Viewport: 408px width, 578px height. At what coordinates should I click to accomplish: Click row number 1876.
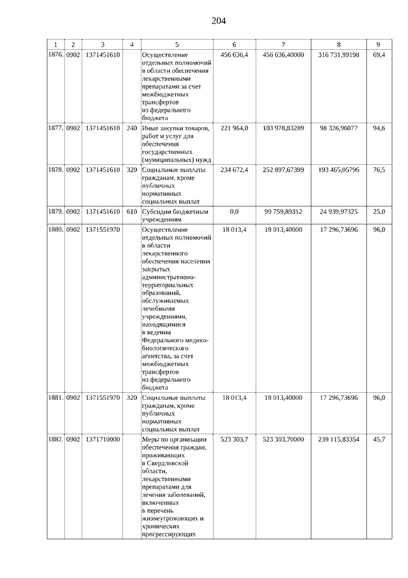pos(55,56)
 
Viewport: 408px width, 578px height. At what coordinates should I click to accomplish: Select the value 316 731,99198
pos(339,56)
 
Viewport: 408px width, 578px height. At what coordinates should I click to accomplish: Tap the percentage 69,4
pos(379,56)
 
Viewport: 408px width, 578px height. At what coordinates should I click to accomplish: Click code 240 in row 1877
pos(131,128)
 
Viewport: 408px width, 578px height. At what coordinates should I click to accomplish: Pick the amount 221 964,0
pos(234,128)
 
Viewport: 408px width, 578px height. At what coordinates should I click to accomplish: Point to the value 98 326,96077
pos(339,128)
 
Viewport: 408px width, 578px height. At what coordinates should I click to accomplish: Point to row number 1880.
pos(55,229)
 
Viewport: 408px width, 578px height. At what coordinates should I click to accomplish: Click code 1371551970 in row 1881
pos(103,397)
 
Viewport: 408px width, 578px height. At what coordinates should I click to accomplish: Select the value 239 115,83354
pos(339,439)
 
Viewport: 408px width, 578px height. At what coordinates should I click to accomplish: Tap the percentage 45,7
pos(379,439)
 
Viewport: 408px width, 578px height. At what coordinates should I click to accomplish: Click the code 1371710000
pos(103,439)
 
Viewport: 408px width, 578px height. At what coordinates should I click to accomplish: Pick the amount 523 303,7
pos(234,439)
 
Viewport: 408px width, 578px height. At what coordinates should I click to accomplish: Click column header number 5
pos(177,44)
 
